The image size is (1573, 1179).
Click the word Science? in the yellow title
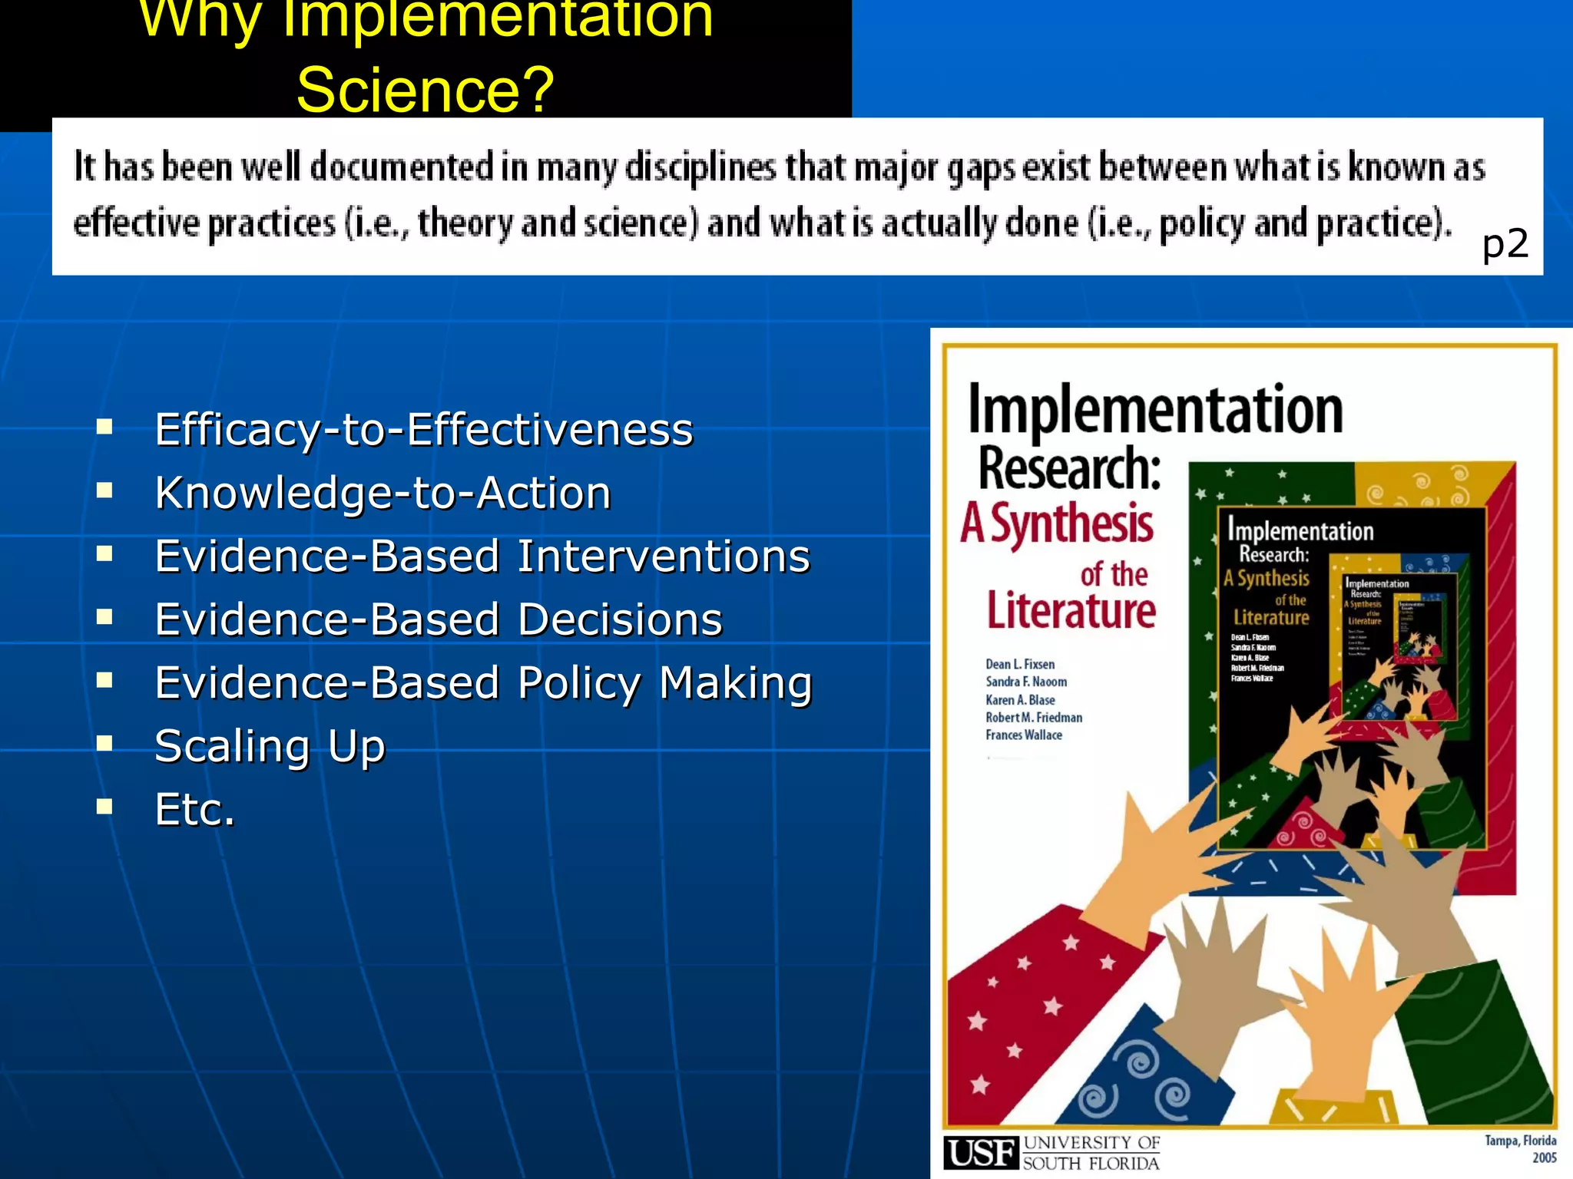[425, 90]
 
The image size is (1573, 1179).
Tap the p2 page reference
[1505, 244]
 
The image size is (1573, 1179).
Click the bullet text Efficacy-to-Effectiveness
[423, 429]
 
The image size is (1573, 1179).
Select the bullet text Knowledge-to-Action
[382, 493]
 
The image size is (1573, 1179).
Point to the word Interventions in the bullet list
[664, 556]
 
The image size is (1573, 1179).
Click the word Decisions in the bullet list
[620, 619]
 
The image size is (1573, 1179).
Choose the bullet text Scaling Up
[270, 746]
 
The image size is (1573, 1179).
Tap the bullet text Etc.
[194, 809]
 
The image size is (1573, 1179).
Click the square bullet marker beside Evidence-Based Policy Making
[104, 679]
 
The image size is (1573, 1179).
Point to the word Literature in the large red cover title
[1071, 611]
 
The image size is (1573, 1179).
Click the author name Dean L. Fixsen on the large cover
[1020, 664]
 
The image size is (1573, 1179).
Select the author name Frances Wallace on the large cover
[1024, 735]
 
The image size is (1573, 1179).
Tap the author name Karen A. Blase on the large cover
[1020, 699]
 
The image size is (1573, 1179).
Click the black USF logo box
[981, 1153]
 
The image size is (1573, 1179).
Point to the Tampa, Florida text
[1520, 1141]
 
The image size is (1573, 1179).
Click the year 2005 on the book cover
[1544, 1158]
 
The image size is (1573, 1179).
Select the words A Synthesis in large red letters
[1057, 524]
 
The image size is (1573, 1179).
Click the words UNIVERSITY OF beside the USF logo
[1091, 1143]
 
